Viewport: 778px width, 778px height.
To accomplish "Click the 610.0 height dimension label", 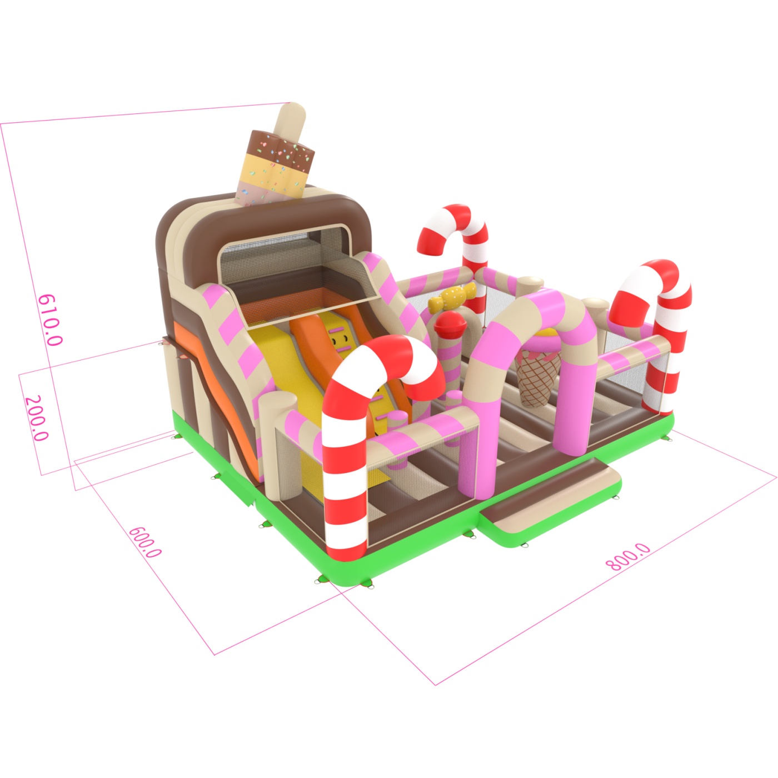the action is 50,320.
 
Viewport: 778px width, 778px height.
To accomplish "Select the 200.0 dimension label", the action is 37,418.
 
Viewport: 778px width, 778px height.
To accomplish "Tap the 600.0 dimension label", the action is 145,542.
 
